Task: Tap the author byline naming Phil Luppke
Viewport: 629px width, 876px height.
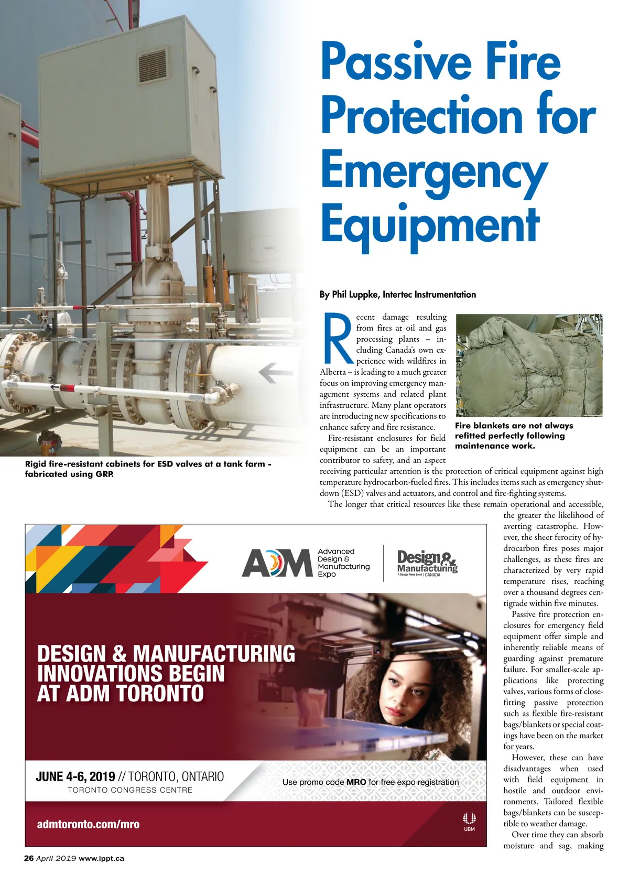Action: coord(397,295)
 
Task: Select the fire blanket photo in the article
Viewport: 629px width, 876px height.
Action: coord(529,365)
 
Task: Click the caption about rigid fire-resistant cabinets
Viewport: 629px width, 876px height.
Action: coord(148,469)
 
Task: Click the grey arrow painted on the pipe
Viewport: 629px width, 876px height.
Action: coord(276,373)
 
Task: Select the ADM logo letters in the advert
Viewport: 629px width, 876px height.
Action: coord(277,563)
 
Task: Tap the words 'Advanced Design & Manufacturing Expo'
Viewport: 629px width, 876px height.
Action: coord(343,563)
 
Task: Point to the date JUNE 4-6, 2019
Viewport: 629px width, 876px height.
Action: coord(75,776)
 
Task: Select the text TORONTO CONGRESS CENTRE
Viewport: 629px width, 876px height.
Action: coord(130,790)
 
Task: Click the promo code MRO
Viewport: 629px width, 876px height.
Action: coord(356,782)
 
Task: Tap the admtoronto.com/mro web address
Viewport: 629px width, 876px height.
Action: coord(88,824)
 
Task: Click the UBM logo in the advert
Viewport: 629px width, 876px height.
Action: coord(469,821)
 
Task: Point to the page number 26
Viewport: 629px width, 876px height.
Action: coord(29,858)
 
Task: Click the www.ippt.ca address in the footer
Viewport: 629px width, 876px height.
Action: coord(101,858)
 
